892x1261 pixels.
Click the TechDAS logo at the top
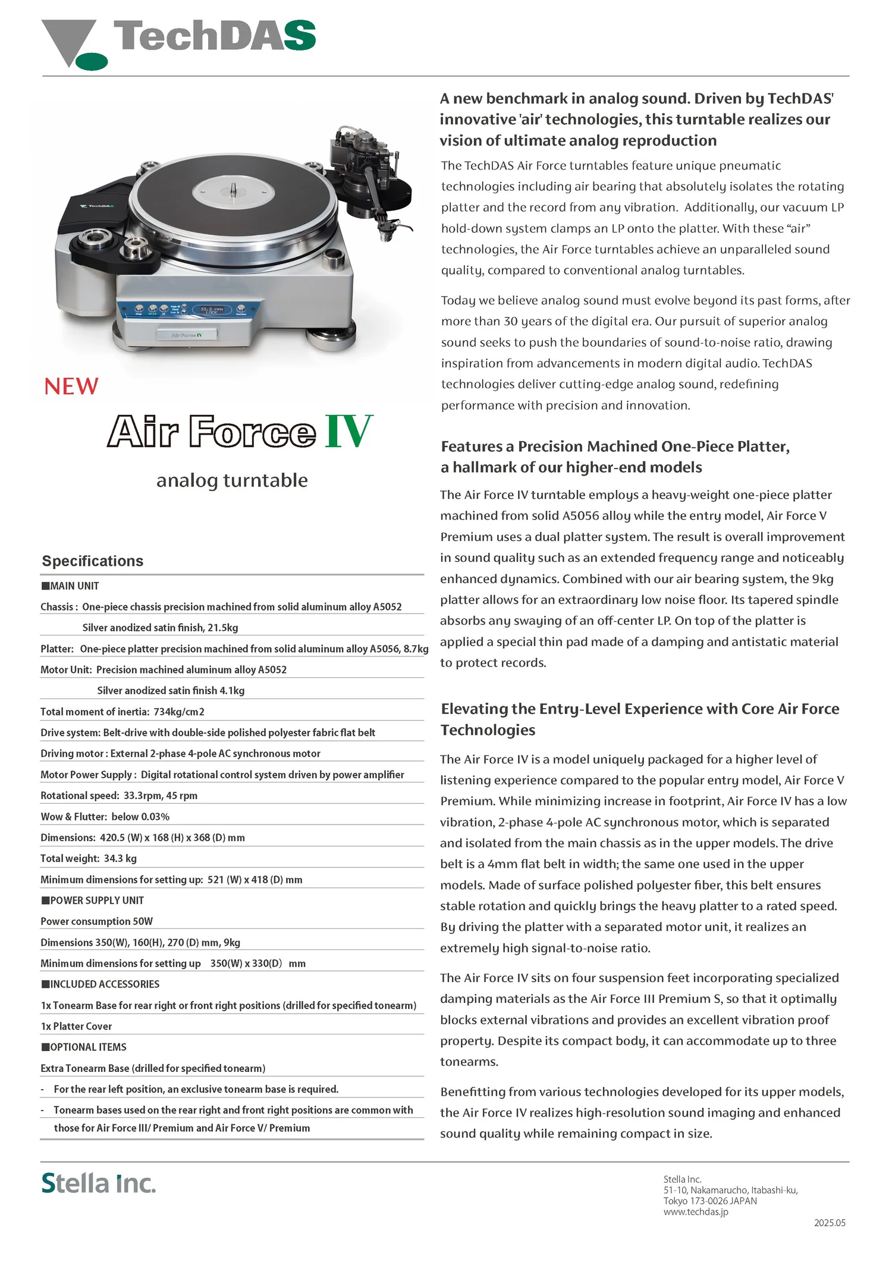(x=178, y=42)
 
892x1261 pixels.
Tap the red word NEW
(x=71, y=386)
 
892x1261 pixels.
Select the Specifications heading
(x=93, y=561)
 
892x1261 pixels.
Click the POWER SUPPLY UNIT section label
(x=96, y=900)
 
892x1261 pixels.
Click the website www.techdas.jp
(x=695, y=1212)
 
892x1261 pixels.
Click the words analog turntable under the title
(x=232, y=480)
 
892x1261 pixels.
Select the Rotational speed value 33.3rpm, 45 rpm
(x=161, y=795)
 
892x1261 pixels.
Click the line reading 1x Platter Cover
(x=76, y=1026)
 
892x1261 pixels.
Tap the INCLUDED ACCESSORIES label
(x=105, y=984)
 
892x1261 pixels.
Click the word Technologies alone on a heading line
(x=488, y=730)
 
